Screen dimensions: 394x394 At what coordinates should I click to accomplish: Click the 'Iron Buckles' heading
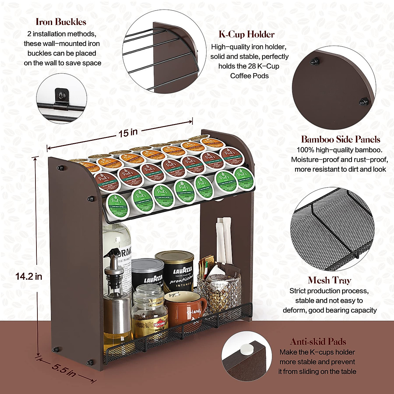61,22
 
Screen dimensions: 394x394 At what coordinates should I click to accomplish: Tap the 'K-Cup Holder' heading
247,34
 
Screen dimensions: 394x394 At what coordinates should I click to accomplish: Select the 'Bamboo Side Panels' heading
340,140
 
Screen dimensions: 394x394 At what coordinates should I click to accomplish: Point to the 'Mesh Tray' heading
329,280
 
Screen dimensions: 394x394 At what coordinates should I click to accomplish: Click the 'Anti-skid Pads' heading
318,342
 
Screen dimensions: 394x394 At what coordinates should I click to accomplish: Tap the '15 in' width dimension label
128,133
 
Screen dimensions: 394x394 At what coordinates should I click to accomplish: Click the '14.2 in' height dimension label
29,276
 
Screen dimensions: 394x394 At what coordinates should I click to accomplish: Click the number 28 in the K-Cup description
252,66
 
